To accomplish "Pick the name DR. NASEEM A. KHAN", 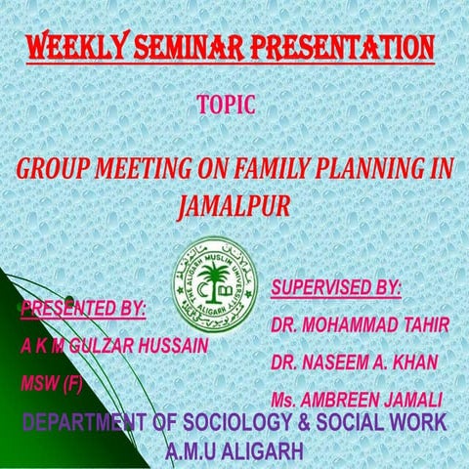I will pyautogui.click(x=356, y=362).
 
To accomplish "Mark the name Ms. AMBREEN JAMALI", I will pyautogui.click(x=359, y=401).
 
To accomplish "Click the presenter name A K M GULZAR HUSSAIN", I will pyautogui.click(x=113, y=346).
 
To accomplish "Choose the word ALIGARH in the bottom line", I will pyautogui.click(x=263, y=451).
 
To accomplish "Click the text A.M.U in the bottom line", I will pyautogui.click(x=192, y=451).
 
